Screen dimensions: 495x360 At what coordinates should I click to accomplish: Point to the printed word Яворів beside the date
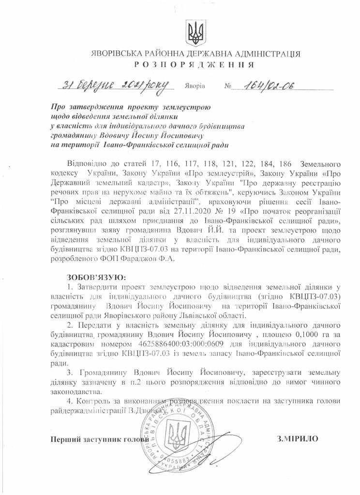click(x=195, y=87)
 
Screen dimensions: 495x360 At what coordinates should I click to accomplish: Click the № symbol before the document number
click(x=228, y=87)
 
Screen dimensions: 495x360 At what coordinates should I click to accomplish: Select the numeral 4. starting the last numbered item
click(x=71, y=402)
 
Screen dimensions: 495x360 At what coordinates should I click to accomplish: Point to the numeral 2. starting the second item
click(x=71, y=325)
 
